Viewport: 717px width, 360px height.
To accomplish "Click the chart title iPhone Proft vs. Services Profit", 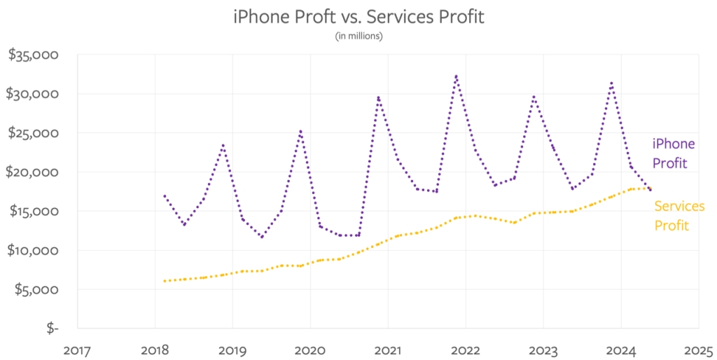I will point(358,17).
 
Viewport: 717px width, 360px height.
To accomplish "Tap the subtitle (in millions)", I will point(358,36).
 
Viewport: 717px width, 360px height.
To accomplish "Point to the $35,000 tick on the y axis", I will point(33,55).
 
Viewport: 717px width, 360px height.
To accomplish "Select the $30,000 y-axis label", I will point(33,94).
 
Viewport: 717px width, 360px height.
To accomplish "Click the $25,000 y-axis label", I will point(33,133).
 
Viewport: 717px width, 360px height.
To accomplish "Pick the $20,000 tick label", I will point(33,172).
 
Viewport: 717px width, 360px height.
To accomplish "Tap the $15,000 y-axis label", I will point(33,212).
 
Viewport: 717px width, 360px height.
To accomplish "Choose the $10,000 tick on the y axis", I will point(33,251).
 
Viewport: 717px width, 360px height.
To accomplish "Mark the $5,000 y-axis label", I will point(36,289).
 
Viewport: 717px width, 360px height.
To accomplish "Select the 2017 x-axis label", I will point(76,348).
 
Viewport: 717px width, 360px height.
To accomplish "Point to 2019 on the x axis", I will point(232,348).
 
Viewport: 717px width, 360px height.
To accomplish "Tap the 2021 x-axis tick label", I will point(387,348).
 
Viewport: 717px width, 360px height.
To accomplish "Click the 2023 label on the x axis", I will point(543,348).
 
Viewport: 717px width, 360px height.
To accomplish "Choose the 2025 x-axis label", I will point(698,348).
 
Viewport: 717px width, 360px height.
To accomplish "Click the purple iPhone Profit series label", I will point(674,153).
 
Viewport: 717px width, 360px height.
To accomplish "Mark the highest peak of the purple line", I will point(456,76).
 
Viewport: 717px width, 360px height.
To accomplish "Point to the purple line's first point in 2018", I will point(165,196).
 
